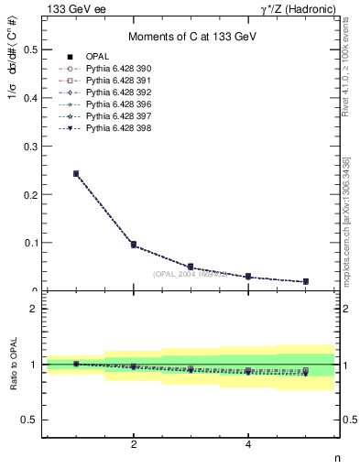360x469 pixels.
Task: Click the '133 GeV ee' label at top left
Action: pos(73,9)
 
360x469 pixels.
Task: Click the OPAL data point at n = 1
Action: pos(76,173)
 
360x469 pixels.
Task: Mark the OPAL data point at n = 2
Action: pos(134,245)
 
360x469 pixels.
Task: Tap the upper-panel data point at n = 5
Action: pos(306,281)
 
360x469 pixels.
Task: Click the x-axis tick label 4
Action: pos(248,446)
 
